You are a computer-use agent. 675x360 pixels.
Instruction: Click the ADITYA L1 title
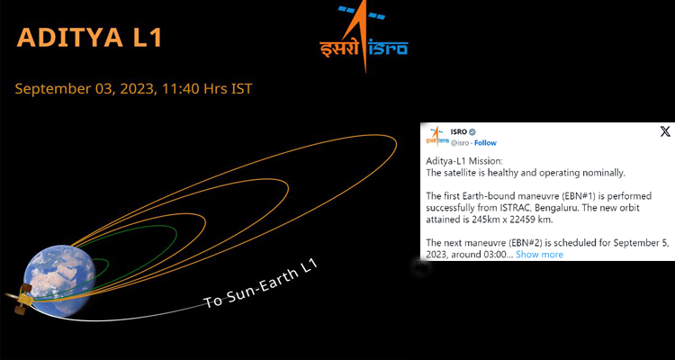(89, 38)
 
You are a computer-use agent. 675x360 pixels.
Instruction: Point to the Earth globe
(59, 281)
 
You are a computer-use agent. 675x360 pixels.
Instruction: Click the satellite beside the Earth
(21, 298)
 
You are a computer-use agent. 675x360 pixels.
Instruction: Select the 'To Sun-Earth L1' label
(260, 283)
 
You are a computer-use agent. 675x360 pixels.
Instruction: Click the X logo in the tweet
(665, 131)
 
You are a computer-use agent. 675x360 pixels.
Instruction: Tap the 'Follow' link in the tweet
(485, 143)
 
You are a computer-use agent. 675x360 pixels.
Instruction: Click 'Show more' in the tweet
(539, 255)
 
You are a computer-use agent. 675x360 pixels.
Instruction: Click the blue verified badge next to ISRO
(472, 131)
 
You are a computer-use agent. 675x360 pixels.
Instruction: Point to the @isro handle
(460, 143)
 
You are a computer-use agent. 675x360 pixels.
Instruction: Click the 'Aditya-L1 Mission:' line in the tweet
(464, 161)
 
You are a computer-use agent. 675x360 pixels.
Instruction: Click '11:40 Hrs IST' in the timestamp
(208, 89)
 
